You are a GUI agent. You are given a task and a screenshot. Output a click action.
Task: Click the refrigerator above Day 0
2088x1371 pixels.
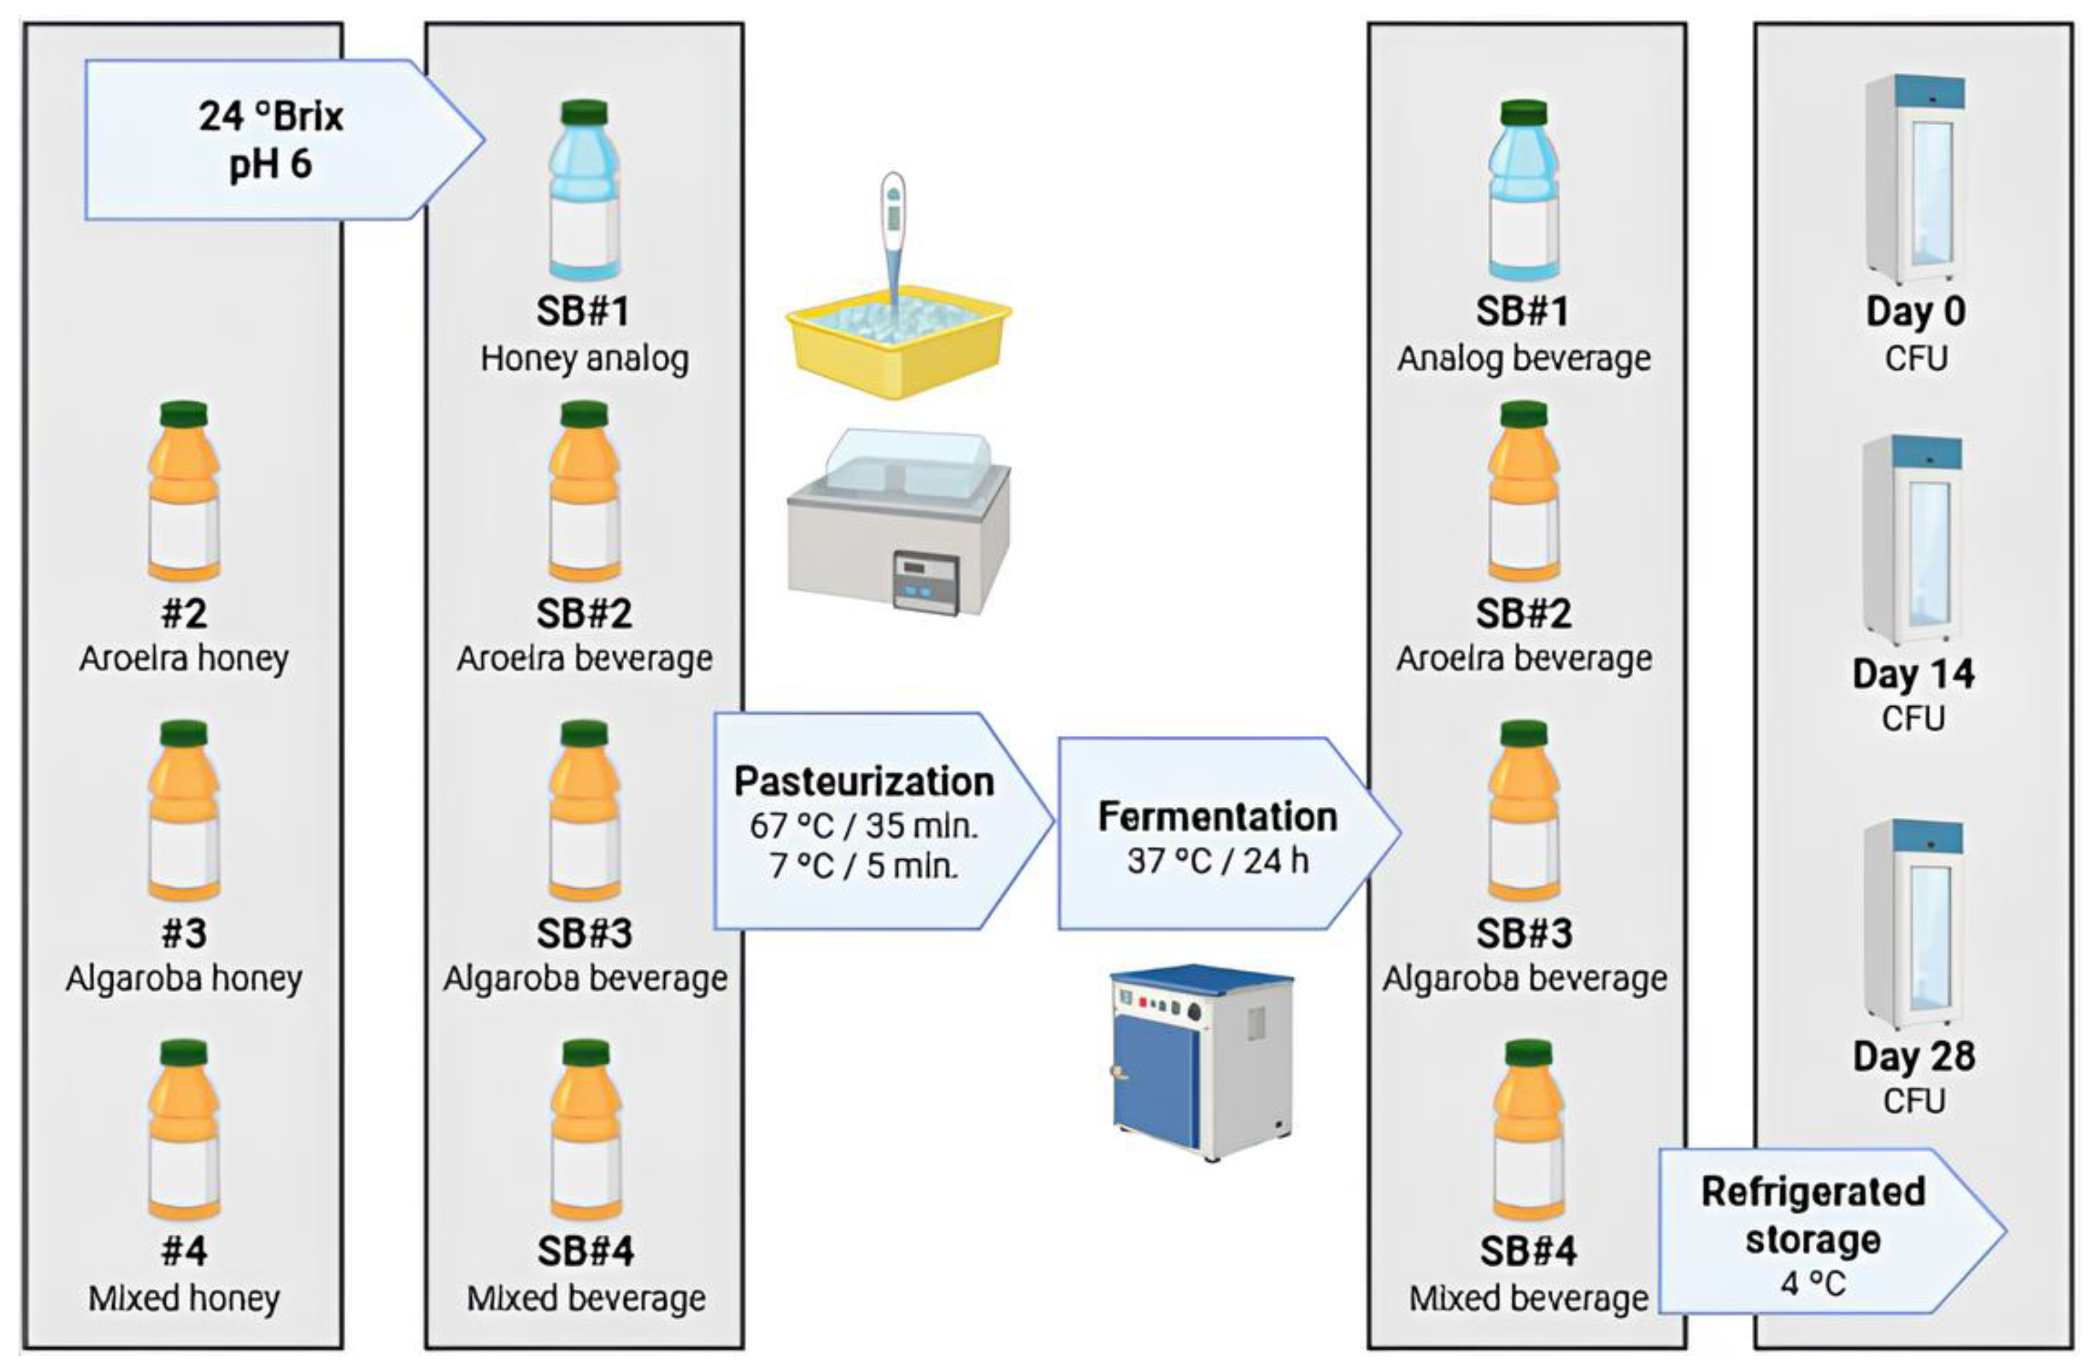point(1914,179)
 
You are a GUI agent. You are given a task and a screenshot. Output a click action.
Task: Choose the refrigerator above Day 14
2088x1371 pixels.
point(1912,539)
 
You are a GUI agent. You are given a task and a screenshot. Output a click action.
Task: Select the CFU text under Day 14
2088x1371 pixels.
point(1912,718)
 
